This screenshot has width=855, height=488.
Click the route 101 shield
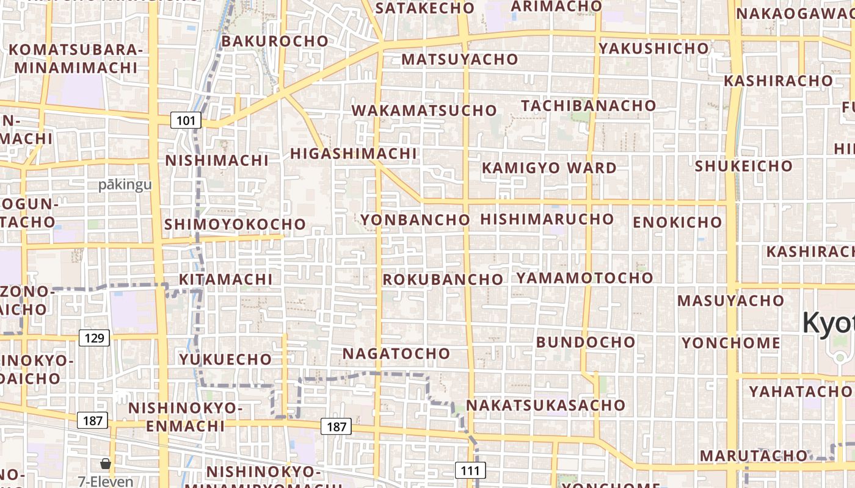[x=186, y=120]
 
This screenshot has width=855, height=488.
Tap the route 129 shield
[x=95, y=337]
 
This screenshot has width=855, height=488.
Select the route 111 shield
[x=470, y=470]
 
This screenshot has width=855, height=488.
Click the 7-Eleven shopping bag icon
[x=106, y=464]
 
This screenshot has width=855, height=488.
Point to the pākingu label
[x=125, y=185]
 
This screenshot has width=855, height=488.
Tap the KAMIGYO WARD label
[x=549, y=168]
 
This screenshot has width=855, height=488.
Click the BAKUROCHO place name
[x=275, y=41]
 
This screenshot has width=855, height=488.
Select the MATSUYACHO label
[x=460, y=59]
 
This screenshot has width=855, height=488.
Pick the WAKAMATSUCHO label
[x=424, y=110]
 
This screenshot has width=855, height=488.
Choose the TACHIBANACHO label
[x=588, y=105]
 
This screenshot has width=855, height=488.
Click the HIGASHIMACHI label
[x=353, y=153]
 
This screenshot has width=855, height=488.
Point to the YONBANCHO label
[x=415, y=220]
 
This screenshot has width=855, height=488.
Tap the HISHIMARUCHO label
[x=547, y=218]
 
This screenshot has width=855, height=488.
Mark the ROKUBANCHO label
[x=443, y=279]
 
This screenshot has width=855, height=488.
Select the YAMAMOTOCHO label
[x=584, y=278]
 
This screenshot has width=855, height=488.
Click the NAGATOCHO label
[x=396, y=353]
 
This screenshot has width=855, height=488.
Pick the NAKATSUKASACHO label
[x=545, y=405]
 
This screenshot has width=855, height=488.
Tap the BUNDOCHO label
[x=586, y=342]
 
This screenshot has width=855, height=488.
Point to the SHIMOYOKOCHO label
[x=235, y=224]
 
